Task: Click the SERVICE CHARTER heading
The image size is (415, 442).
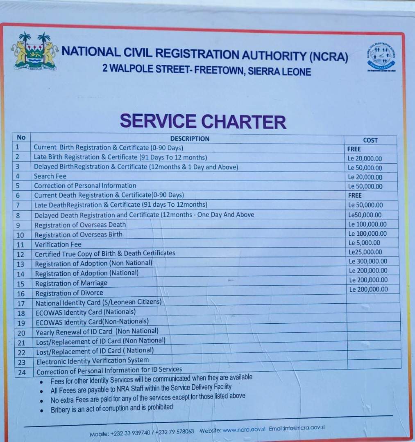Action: pos(203,121)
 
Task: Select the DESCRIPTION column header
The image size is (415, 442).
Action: pos(190,139)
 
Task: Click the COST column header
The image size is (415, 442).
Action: pos(370,140)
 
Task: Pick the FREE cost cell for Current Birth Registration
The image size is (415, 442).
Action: pos(354,149)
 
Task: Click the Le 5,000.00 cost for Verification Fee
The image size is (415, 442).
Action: pos(365,243)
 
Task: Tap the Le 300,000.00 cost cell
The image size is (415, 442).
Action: pos(368,261)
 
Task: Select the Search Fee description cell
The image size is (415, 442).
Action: pos(50,176)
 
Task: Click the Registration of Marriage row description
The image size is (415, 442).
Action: pos(71,283)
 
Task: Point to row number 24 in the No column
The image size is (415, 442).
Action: pos(22,372)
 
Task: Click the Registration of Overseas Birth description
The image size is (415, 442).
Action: pos(78,235)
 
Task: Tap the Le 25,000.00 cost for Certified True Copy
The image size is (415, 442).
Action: pos(365,252)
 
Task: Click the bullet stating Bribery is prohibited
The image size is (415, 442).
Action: pos(111,408)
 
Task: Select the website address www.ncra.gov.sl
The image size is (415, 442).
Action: pos(244,430)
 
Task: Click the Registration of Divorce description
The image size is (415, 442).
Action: pos(69,293)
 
